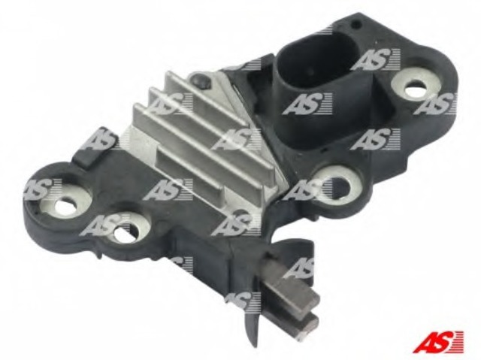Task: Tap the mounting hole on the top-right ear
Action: coord(415,88)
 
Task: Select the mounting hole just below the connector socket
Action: coord(340,186)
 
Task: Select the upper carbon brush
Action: coord(296,287)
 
